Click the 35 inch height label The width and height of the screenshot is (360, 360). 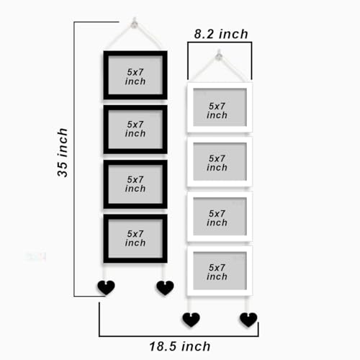63,153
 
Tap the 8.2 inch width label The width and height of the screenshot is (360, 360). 221,34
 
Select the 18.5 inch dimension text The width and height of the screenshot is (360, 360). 180,346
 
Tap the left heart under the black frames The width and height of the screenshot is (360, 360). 106,287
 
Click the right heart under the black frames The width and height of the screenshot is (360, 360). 165,288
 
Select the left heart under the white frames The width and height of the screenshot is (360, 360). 191,320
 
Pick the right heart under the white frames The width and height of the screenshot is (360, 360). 248,320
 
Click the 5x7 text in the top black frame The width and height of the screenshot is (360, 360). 135,72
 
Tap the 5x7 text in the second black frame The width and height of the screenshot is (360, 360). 135,125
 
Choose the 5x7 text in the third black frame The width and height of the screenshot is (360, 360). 135,179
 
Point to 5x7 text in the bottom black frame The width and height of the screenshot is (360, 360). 135,234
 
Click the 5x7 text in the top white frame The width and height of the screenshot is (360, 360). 217,106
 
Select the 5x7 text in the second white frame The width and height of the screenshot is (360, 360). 217,158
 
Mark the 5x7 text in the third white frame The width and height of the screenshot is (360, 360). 217,214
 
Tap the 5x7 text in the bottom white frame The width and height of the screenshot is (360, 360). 217,268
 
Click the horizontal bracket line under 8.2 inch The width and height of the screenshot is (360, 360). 220,42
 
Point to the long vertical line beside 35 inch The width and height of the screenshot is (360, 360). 74,159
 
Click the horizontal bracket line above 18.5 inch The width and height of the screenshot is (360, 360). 179,336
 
